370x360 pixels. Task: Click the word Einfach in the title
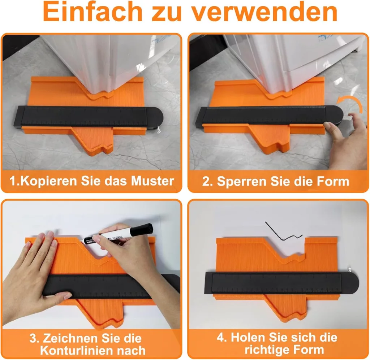coord(92,12)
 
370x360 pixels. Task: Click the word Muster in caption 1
coord(152,181)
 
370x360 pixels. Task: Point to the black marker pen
coord(118,234)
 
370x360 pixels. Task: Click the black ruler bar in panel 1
coord(89,117)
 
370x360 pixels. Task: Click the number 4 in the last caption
coord(221,337)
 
